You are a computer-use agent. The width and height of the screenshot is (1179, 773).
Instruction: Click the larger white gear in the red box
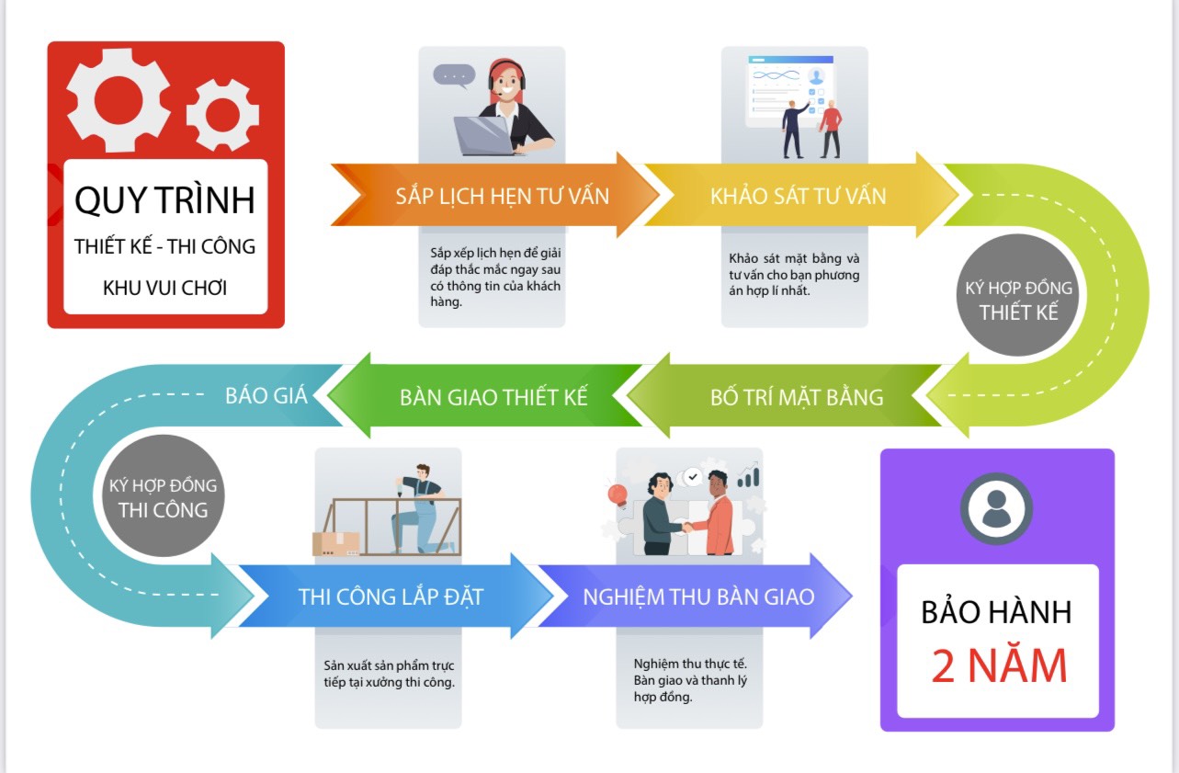tap(117, 100)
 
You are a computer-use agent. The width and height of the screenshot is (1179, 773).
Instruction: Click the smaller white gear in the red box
tap(223, 115)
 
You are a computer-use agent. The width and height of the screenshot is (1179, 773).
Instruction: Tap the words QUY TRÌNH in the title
tap(164, 200)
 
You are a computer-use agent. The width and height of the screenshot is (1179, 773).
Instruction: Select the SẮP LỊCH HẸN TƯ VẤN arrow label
tap(502, 196)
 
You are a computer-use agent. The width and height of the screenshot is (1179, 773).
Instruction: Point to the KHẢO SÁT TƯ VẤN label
tap(798, 196)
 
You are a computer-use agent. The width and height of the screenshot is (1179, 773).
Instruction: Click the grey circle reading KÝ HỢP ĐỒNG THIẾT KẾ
tap(1018, 295)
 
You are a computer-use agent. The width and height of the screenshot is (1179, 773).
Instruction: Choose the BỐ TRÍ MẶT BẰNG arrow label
tap(797, 397)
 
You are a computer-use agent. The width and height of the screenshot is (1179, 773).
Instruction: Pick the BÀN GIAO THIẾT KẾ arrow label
tap(493, 397)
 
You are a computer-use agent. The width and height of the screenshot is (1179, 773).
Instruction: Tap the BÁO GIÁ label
tap(266, 395)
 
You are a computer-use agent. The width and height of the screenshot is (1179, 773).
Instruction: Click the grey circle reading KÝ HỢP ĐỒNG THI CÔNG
tap(164, 495)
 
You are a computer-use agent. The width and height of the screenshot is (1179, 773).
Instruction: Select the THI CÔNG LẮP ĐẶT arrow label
tap(391, 597)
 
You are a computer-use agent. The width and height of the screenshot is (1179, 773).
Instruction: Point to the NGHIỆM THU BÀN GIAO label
tap(698, 597)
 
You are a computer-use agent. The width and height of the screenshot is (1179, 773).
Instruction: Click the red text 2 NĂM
tap(999, 665)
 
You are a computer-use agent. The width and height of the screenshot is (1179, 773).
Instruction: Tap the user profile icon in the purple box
tap(996, 508)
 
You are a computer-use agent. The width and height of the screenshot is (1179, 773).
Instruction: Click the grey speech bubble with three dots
tap(454, 75)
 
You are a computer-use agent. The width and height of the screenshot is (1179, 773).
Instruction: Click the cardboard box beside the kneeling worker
tap(335, 544)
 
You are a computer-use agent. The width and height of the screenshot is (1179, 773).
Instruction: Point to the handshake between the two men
tap(687, 526)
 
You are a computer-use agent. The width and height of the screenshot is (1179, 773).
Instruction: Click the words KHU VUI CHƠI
tap(164, 288)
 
